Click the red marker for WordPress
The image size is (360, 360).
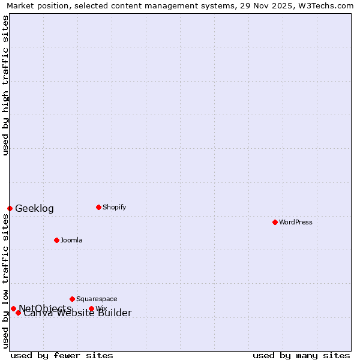coord(275,222)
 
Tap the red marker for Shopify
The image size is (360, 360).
coord(98,207)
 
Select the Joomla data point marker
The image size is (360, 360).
coord(56,240)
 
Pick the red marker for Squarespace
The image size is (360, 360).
coord(72,299)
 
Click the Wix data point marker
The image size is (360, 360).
coord(91,308)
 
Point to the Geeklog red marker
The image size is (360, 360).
coord(10,208)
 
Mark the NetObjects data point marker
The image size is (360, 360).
coord(13,308)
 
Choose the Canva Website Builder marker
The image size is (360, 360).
coord(18,313)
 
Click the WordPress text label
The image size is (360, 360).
coord(296,222)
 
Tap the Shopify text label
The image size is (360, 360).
coord(114,207)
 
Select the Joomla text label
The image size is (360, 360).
coord(71,240)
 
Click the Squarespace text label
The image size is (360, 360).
coord(97,299)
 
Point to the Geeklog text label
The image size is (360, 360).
coord(34,209)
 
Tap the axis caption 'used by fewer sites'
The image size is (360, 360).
coord(62,355)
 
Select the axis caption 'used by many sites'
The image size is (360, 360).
coord(301,355)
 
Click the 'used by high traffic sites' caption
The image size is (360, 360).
coord(5,85)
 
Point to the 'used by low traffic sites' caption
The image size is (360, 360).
coord(5,281)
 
